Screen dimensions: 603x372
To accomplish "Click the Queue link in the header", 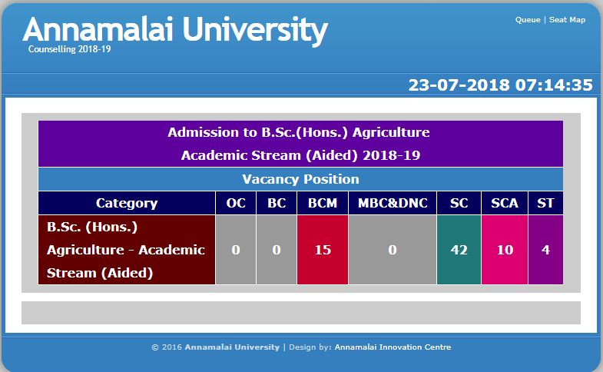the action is [x=528, y=20].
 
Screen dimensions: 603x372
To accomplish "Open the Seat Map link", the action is [x=567, y=20].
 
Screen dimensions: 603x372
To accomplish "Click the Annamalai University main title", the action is [x=175, y=29].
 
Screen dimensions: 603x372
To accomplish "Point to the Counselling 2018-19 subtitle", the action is [x=70, y=49].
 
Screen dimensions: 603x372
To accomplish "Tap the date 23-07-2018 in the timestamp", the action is [x=459, y=85].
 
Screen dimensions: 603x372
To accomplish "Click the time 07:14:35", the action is [x=554, y=85].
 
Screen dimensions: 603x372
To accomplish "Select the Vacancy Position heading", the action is [x=300, y=179].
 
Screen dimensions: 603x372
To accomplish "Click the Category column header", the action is [x=127, y=203].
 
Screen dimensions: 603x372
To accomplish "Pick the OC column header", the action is [x=236, y=203].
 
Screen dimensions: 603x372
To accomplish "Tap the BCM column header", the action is [x=323, y=203].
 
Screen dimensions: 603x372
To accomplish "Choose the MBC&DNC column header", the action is [x=393, y=203].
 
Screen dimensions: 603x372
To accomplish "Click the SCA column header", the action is [x=505, y=203].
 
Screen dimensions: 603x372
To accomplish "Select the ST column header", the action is [x=545, y=203].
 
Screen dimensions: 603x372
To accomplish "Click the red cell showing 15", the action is [x=323, y=250].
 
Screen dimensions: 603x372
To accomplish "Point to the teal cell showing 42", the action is [x=459, y=250].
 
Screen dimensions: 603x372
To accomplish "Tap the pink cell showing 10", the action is [x=505, y=250].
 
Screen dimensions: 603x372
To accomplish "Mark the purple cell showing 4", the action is [x=545, y=250].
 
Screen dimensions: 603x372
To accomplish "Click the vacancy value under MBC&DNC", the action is [x=393, y=250].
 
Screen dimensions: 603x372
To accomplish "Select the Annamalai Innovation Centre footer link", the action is [x=393, y=347].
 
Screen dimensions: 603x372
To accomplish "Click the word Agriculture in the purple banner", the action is [x=391, y=133].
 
